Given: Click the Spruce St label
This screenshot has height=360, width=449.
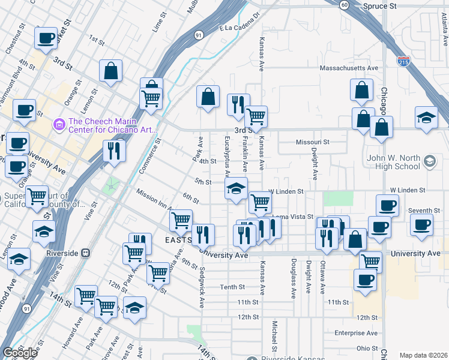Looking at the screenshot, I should click(x=380, y=5).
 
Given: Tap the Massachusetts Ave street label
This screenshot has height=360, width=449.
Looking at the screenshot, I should click(x=349, y=68).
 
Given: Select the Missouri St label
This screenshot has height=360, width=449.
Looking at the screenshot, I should click(x=313, y=142).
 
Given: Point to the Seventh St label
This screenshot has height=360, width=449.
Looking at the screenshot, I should click(x=424, y=211).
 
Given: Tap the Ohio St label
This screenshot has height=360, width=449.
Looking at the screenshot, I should click(x=367, y=348).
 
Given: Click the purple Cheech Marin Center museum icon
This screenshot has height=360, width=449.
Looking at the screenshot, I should click(x=59, y=124).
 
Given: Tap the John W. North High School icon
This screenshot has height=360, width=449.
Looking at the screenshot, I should click(x=429, y=161).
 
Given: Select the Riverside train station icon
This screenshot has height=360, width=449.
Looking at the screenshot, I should click(x=86, y=253).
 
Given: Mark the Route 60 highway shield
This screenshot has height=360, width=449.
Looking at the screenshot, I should click(x=343, y=5).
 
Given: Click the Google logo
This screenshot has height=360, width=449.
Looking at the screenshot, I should click(x=20, y=353).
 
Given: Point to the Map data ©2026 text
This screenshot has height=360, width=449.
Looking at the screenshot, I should click(x=423, y=355).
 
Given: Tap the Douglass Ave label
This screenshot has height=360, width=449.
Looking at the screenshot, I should click(x=294, y=278).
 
